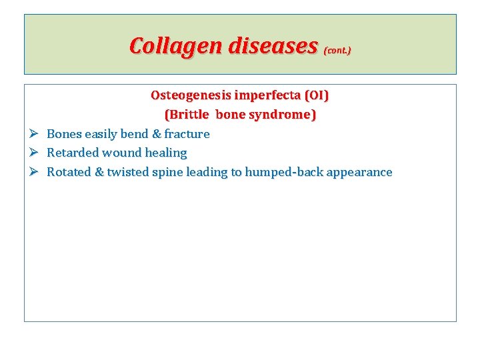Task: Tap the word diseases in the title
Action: tap(273, 46)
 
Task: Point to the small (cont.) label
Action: tap(337, 50)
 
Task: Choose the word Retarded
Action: tap(72, 153)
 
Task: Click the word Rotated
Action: tap(69, 172)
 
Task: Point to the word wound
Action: tap(121, 153)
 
